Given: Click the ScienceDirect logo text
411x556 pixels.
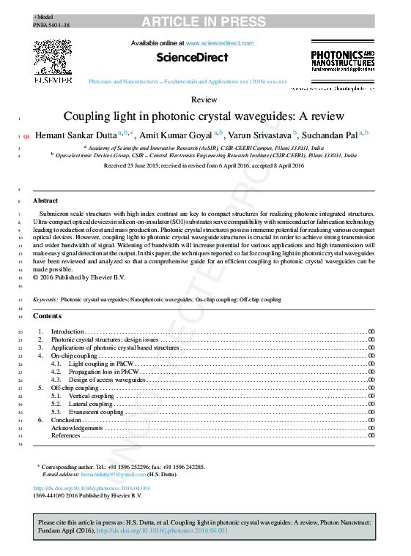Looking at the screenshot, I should click(193, 57).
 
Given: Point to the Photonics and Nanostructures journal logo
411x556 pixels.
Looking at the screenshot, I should click(342, 61).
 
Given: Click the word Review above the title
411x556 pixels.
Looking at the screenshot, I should click(204, 99).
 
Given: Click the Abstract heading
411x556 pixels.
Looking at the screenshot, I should click(45, 200).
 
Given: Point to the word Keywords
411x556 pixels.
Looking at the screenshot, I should click(45, 300).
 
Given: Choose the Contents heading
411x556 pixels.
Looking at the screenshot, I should click(48, 316).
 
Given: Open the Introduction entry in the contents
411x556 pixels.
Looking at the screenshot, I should click(67, 332).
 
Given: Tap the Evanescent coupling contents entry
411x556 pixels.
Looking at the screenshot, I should click(96, 412).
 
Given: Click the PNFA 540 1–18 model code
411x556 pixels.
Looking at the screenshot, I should click(51, 25).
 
